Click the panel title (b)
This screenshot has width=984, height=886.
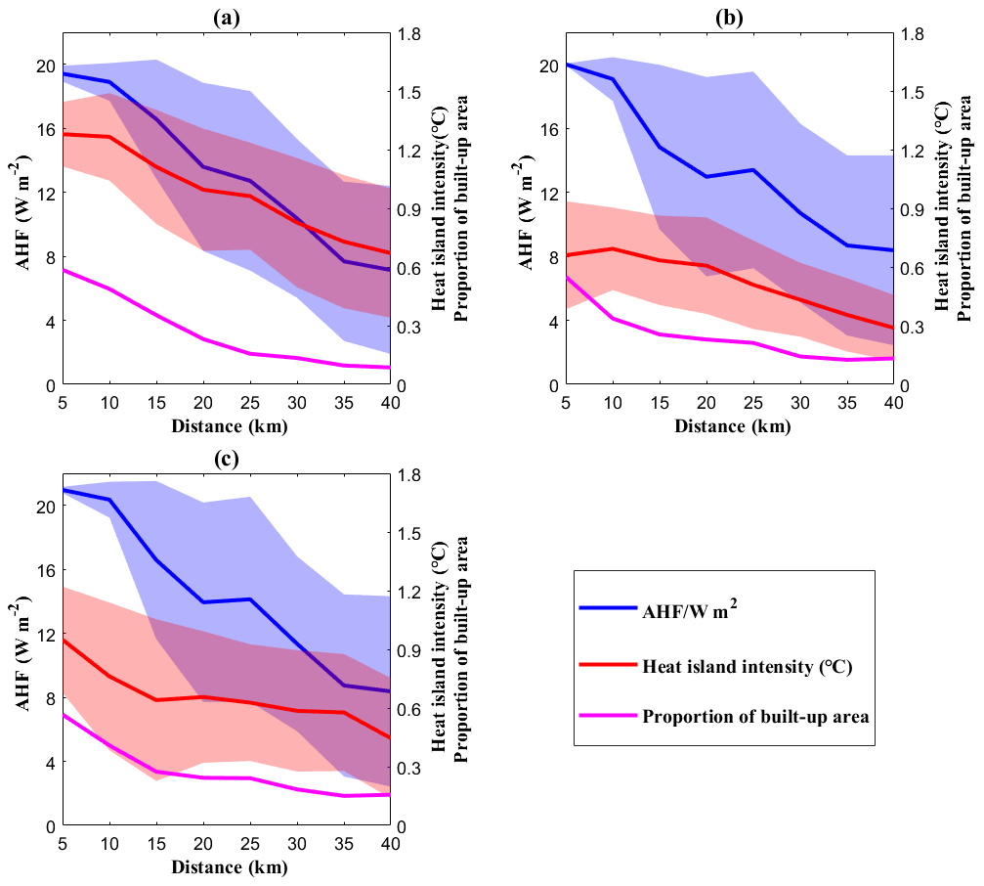(729, 17)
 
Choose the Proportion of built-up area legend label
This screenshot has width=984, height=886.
(755, 717)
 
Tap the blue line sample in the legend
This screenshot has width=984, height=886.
(606, 608)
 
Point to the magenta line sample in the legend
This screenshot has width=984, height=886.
(606, 717)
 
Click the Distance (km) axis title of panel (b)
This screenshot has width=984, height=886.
(729, 425)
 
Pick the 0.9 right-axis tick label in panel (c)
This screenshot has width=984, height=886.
(408, 650)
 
